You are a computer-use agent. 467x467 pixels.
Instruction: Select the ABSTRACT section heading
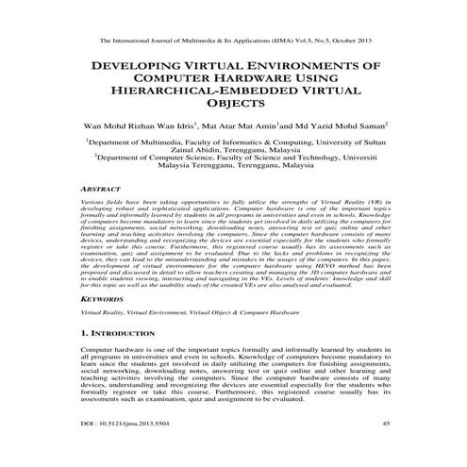point(105,190)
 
